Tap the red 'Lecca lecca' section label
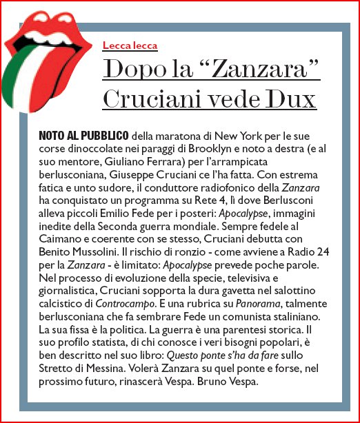pyautogui.click(x=130, y=46)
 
